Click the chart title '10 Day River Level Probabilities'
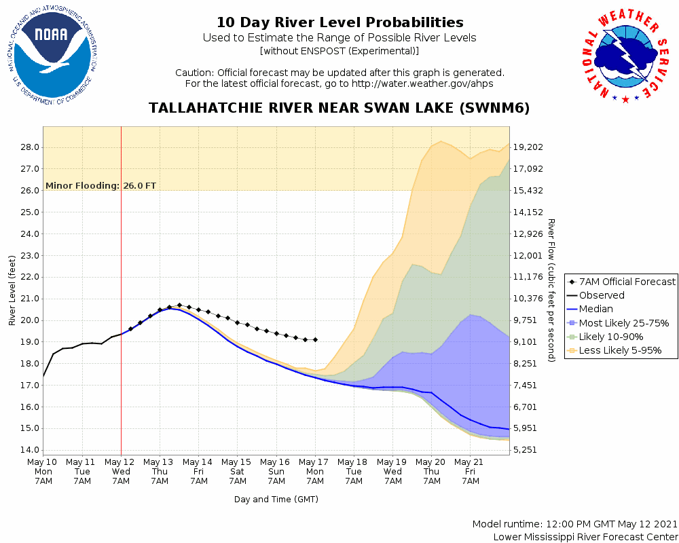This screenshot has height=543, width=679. click(x=339, y=23)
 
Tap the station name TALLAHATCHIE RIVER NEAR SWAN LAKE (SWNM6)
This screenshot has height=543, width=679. click(x=339, y=109)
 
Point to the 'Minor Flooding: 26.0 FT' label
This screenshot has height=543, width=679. click(x=100, y=185)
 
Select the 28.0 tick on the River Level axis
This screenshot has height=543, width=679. click(x=29, y=147)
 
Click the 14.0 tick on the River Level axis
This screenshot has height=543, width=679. click(x=29, y=450)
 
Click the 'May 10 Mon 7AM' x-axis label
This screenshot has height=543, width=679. click(x=43, y=470)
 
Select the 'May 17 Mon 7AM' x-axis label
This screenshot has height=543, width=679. click(x=315, y=470)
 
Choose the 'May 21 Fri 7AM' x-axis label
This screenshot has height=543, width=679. click(x=471, y=470)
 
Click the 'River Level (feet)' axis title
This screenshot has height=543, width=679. click(x=12, y=290)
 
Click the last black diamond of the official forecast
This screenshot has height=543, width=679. click(x=315, y=339)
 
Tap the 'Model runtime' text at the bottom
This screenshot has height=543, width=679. click(x=574, y=524)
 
